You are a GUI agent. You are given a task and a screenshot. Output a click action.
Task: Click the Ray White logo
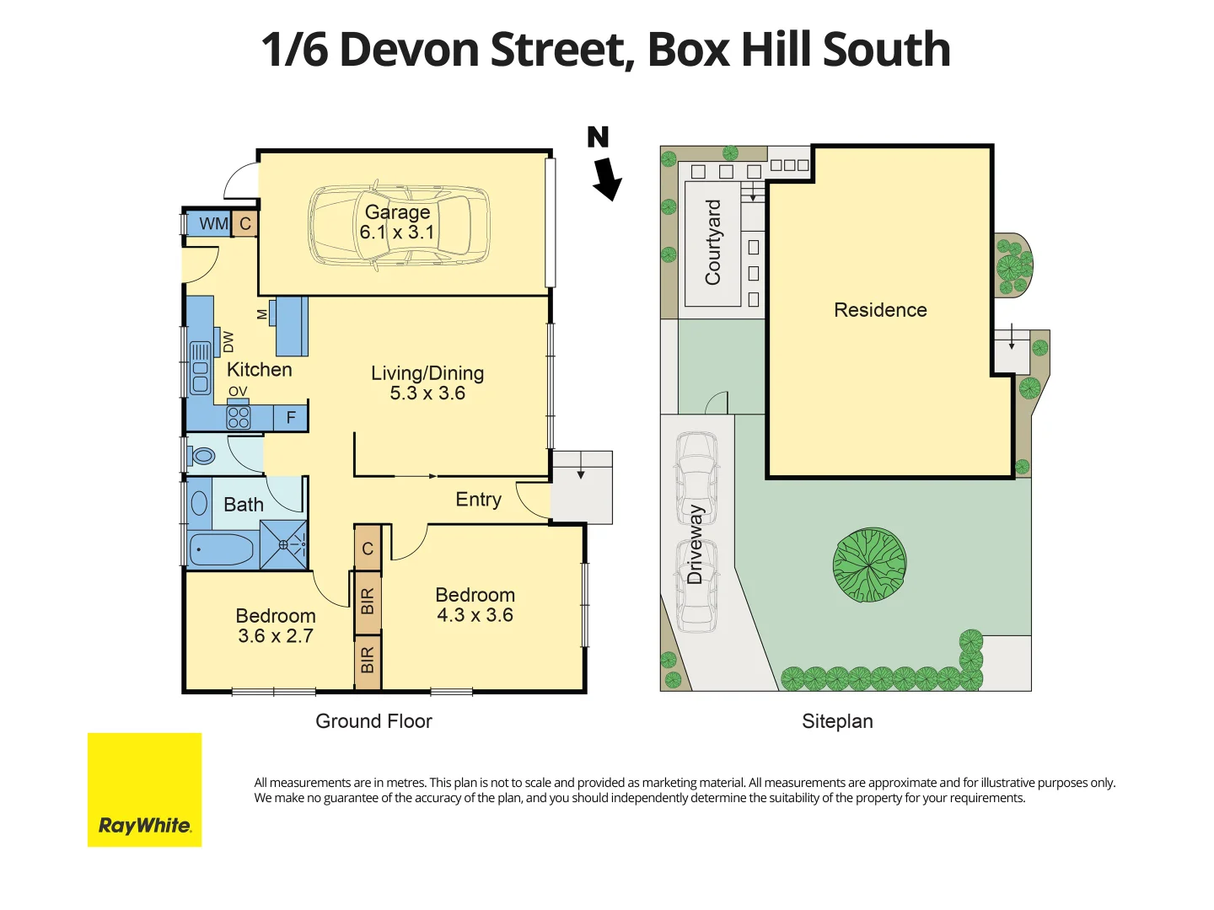pyautogui.click(x=144, y=790)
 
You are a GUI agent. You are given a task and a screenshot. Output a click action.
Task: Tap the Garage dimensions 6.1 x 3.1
pyautogui.click(x=396, y=233)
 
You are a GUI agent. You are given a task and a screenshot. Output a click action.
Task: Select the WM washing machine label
pyautogui.click(x=213, y=223)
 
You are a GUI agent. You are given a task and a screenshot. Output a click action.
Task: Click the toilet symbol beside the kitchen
pyautogui.click(x=203, y=456)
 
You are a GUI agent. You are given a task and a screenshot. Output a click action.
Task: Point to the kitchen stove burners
pyautogui.click(x=239, y=417)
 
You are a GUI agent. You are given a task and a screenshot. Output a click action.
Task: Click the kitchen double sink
pyautogui.click(x=200, y=367)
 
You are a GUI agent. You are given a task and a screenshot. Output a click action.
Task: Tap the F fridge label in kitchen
pyautogui.click(x=291, y=417)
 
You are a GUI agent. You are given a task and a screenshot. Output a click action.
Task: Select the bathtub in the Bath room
pyautogui.click(x=221, y=549)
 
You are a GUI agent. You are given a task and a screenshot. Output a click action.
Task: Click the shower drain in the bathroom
pyautogui.click(x=284, y=544)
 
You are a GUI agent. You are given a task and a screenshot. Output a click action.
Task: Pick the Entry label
pyautogui.click(x=478, y=500)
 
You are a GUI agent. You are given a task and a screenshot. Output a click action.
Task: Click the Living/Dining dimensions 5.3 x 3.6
pyautogui.click(x=427, y=393)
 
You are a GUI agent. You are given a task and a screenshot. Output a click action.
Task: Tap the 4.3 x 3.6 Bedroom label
pyautogui.click(x=475, y=615)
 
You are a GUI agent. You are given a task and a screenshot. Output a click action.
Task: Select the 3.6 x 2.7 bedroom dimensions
pyautogui.click(x=276, y=636)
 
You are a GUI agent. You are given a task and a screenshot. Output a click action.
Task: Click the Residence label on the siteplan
pyautogui.click(x=880, y=310)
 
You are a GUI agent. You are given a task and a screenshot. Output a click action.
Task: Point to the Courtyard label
pyautogui.click(x=713, y=242)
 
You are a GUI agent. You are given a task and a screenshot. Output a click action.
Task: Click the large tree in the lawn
pyautogui.click(x=869, y=565)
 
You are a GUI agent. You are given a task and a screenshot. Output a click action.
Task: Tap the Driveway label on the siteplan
pyautogui.click(x=695, y=544)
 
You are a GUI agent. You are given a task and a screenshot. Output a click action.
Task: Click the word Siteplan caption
pyautogui.click(x=837, y=721)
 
